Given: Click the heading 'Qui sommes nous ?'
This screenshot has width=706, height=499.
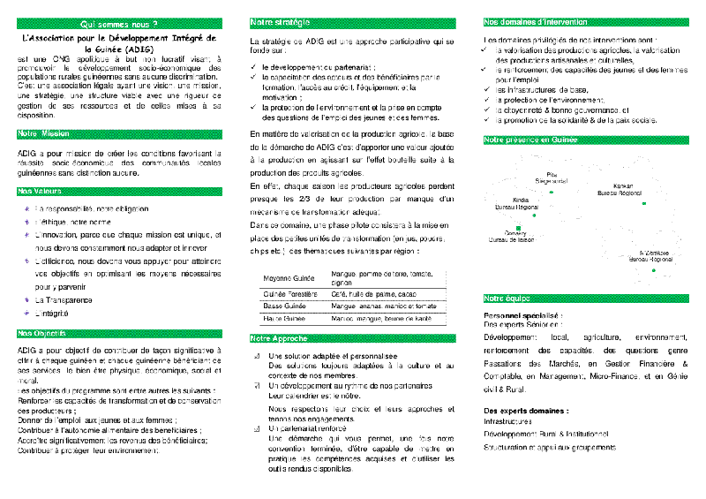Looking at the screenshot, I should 117,23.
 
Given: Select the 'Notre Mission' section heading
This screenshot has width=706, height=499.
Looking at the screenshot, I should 44,133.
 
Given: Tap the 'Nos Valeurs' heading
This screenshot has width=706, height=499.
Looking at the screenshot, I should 41,191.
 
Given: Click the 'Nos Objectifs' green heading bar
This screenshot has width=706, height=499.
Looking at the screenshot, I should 44,333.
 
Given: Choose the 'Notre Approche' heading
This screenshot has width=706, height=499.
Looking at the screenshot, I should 279,338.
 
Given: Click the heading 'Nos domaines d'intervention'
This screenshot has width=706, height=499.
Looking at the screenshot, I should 531,21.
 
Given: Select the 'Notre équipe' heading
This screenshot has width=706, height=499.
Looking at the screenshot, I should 507,299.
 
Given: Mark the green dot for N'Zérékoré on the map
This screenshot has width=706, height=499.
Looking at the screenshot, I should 653,269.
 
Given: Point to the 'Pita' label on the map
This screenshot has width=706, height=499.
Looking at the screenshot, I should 552,174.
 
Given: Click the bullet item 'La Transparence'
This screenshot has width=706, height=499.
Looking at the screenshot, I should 63,300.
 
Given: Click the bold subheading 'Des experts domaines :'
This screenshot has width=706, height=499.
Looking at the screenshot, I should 527,411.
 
